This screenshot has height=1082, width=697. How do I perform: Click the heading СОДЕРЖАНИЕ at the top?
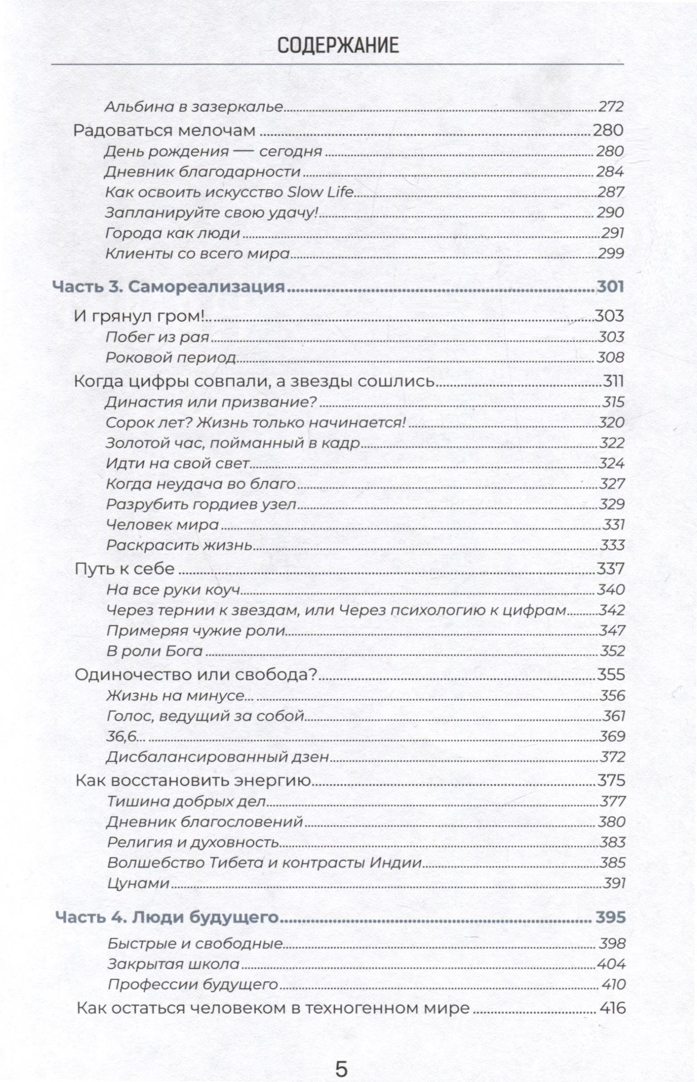(x=338, y=46)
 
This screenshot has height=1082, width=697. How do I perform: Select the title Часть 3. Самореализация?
(x=169, y=287)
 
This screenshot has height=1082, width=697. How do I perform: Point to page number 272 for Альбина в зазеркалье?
(x=610, y=107)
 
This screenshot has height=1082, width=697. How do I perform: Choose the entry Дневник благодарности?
(x=203, y=172)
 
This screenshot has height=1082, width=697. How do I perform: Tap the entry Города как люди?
(x=172, y=233)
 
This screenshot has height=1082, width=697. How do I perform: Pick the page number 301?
(x=610, y=287)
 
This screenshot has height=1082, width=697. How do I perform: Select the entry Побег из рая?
(x=157, y=337)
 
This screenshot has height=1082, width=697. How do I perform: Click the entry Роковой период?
(x=171, y=358)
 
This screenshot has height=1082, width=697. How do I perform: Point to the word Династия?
(x=138, y=402)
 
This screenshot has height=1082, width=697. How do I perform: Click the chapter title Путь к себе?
(x=125, y=569)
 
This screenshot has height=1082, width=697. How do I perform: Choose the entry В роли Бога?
(x=154, y=651)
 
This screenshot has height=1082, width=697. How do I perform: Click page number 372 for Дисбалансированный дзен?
(x=612, y=757)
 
